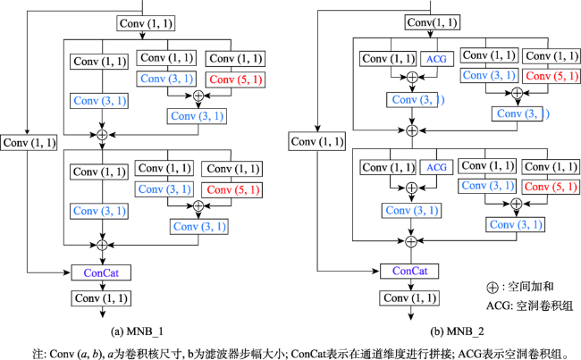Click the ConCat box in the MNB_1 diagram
(101, 273)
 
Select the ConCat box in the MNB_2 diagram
(409, 271)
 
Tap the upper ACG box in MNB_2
(437, 59)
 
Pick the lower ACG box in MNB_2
(437, 167)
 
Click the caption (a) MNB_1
(137, 331)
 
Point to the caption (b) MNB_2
(458, 331)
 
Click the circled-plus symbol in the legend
(493, 288)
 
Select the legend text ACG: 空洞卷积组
(529, 306)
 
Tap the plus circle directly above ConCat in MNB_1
(102, 245)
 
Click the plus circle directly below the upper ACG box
(412, 77)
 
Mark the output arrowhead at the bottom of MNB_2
(410, 316)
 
